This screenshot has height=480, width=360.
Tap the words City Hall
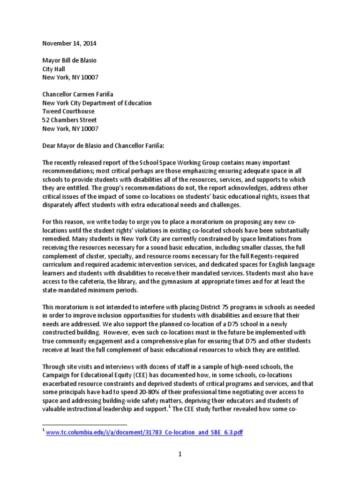[54, 69]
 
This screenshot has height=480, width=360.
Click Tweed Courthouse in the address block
[68, 112]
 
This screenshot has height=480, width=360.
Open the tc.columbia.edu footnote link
[144, 432]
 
